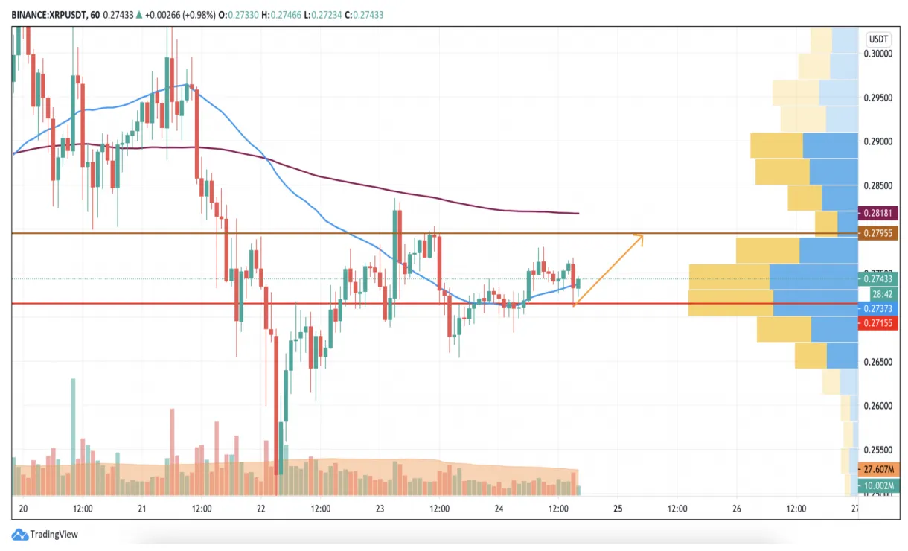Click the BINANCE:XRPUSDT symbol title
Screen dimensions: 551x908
[45, 14]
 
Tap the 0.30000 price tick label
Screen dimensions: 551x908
[878, 54]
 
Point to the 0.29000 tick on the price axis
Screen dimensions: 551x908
[878, 141]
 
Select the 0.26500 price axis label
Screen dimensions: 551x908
[878, 362]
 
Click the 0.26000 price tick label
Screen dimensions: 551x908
[878, 406]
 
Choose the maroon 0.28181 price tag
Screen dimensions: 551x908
[878, 212]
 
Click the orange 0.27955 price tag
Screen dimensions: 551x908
[878, 234]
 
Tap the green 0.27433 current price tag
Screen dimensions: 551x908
[878, 279]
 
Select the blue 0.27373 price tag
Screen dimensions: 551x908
[878, 308]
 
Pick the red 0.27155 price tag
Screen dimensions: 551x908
[878, 323]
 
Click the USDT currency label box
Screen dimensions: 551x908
[878, 39]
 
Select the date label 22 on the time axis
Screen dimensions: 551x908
[261, 509]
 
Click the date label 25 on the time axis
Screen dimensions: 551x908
[618, 509]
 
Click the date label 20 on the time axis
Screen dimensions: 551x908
[22, 509]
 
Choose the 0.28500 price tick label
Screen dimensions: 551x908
[878, 185]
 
